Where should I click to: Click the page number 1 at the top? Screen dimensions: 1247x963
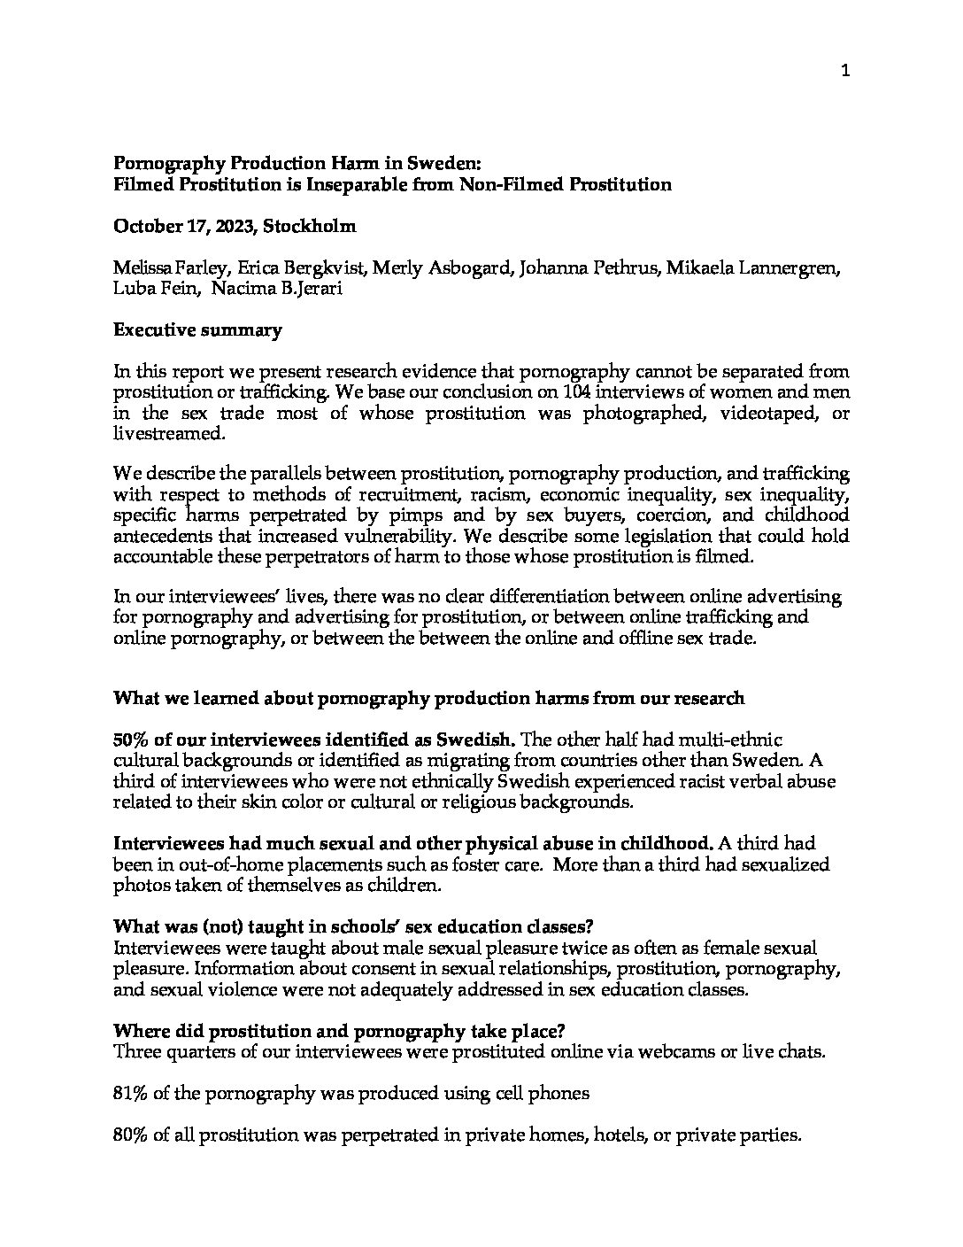845,73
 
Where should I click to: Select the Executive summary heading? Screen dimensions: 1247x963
197,330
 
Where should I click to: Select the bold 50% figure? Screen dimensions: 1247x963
132,740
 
